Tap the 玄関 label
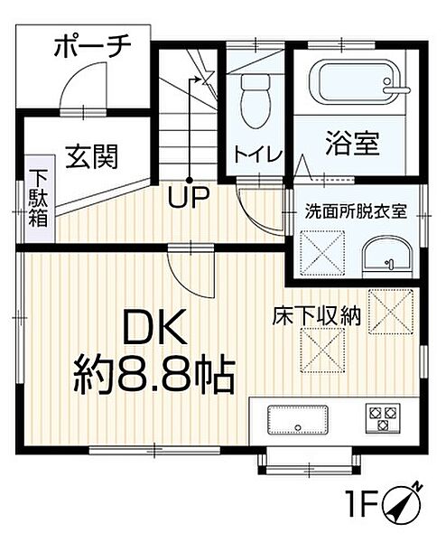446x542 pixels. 90,157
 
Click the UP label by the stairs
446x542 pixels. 188,196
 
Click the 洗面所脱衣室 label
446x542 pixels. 355,213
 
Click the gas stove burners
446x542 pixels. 381,417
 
